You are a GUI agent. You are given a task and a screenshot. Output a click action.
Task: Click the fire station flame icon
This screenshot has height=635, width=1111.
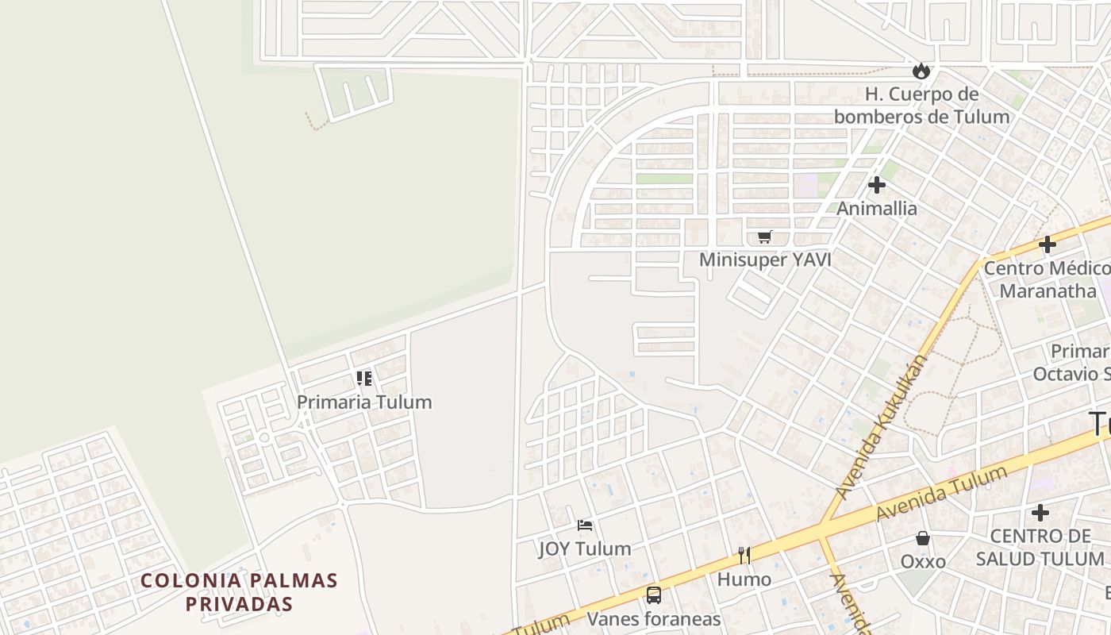click(x=921, y=71)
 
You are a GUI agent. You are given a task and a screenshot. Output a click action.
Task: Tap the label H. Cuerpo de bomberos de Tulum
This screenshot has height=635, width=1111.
click(x=921, y=106)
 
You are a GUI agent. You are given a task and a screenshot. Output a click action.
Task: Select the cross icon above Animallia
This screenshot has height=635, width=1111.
click(x=877, y=185)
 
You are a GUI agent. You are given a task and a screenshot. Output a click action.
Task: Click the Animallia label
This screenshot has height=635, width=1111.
click(x=877, y=209)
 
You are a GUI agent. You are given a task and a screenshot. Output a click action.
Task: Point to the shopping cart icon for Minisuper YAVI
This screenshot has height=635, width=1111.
click(x=765, y=237)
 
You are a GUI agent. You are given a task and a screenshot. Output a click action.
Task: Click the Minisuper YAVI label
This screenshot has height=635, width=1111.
click(x=765, y=260)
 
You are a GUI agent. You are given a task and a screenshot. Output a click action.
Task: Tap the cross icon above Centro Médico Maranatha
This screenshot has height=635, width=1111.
click(x=1048, y=244)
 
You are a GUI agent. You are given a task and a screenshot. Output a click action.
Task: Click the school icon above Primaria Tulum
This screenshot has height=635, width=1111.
click(x=364, y=379)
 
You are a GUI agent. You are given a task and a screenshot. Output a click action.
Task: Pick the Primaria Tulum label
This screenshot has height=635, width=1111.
click(x=364, y=402)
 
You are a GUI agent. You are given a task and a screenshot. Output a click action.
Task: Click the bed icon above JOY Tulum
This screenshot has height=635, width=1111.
click(x=585, y=525)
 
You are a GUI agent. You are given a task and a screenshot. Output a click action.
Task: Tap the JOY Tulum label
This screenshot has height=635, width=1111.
click(x=585, y=548)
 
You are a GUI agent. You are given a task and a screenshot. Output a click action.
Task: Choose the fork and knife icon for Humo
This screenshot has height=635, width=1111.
click(x=744, y=556)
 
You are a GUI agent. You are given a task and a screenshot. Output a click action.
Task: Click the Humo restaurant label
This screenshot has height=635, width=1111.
click(x=744, y=579)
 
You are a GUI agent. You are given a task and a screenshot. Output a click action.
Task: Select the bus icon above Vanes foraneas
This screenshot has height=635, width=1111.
click(x=653, y=595)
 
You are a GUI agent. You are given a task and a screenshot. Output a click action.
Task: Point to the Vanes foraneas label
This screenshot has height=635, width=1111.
click(x=653, y=619)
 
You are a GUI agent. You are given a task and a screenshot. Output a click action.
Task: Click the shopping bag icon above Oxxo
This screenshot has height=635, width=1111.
click(x=923, y=538)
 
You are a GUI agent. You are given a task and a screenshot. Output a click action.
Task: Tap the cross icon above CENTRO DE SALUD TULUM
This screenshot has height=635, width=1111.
click(x=1040, y=513)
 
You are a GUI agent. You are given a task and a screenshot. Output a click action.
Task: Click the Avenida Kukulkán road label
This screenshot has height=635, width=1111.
click(x=882, y=426)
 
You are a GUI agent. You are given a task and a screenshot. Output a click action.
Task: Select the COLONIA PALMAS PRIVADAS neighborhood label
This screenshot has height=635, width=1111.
click(x=240, y=592)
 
